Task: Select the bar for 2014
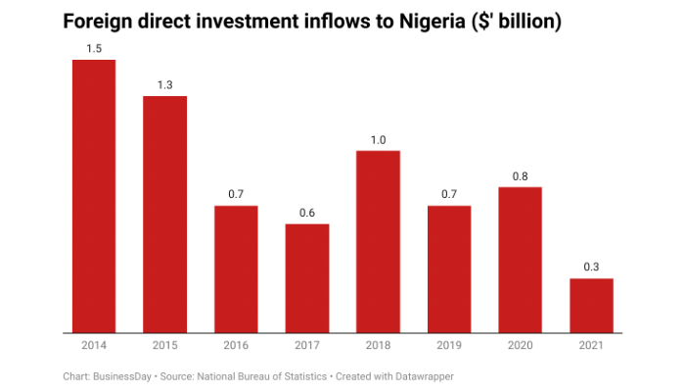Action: pyautogui.click(x=94, y=196)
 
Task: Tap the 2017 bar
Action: pyautogui.click(x=307, y=278)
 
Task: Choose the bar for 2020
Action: pyautogui.click(x=520, y=260)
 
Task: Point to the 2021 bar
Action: pyautogui.click(x=591, y=306)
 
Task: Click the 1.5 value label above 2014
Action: pyautogui.click(x=94, y=49)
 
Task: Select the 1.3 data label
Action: pyautogui.click(x=165, y=85)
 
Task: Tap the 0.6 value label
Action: pyautogui.click(x=307, y=214)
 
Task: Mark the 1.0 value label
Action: pyautogui.click(x=378, y=140)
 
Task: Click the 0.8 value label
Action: pyautogui.click(x=520, y=176)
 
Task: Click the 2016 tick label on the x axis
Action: pyautogui.click(x=236, y=345)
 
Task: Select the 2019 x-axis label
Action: pyautogui.click(x=449, y=345)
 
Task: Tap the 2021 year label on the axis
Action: pyautogui.click(x=591, y=345)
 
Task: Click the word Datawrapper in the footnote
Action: pyautogui.click(x=423, y=375)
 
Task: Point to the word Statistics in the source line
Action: pyautogui.click(x=304, y=375)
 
